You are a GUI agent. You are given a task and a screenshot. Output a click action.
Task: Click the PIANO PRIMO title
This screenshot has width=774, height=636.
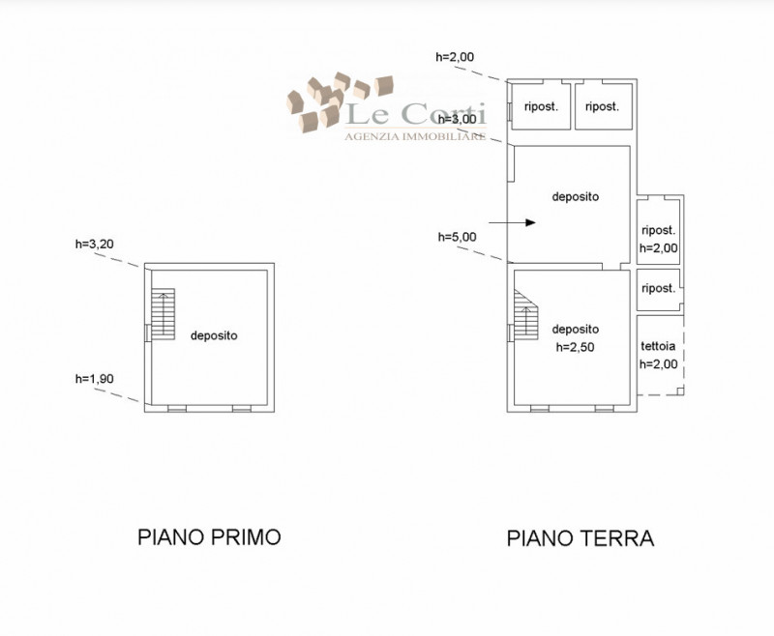209,536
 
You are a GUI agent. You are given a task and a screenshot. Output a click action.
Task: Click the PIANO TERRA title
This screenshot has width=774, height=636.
580,537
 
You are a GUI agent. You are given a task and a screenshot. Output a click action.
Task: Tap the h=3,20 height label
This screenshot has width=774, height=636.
95,244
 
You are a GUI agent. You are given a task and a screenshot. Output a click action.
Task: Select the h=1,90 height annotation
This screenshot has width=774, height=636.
94,379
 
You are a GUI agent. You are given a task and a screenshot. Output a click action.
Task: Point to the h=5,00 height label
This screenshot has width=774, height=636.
458,237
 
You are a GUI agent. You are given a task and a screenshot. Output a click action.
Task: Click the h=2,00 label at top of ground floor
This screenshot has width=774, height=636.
455,57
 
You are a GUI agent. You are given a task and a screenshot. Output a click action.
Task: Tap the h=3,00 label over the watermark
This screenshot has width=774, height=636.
458,119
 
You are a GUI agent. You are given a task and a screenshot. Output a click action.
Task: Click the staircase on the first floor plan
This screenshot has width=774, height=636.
163,314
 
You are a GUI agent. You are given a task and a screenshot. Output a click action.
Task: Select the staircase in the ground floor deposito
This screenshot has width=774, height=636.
526,315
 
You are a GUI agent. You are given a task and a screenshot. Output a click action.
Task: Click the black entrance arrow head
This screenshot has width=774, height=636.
530,223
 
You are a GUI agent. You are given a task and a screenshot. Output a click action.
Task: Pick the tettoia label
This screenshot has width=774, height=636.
658,346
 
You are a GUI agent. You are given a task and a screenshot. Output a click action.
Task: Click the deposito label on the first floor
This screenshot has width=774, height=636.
214,335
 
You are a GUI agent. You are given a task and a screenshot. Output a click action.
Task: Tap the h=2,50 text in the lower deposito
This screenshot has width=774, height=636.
575,347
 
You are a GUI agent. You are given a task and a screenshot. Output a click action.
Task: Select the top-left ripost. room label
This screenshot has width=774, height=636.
541,106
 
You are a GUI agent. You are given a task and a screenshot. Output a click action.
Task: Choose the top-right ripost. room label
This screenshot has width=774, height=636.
602,106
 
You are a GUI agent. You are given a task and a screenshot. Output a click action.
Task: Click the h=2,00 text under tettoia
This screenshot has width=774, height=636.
659,364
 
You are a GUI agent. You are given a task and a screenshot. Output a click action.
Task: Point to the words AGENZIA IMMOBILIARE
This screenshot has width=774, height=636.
415,136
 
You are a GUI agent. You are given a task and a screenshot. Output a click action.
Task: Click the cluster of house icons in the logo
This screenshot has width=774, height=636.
341,102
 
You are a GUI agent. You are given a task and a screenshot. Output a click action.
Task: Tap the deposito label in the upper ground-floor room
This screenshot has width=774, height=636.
576,197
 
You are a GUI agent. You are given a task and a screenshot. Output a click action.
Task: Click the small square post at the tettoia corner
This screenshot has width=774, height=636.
680,391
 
